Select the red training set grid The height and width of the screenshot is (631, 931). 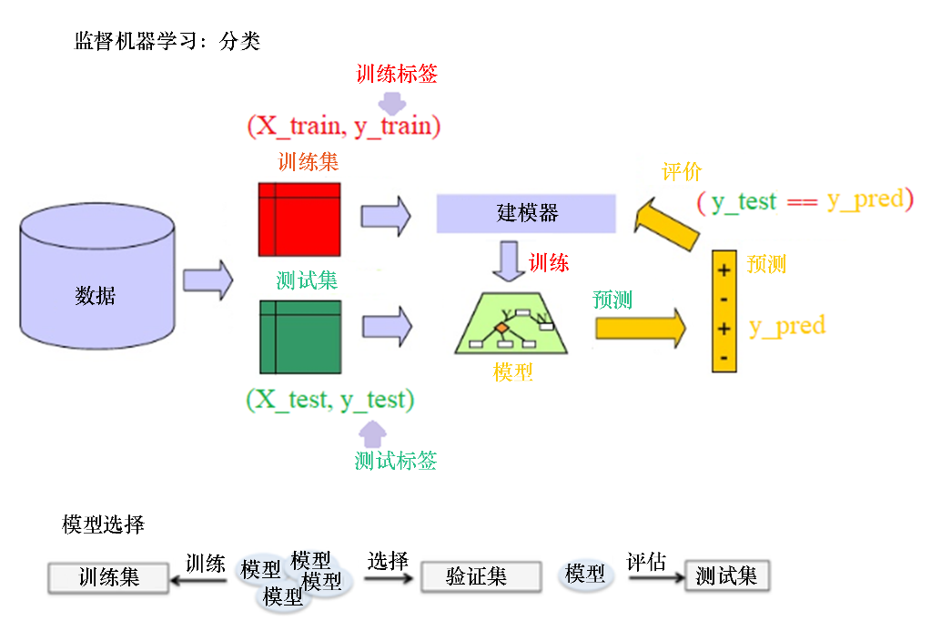pyautogui.click(x=299, y=219)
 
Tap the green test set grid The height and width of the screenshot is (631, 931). pyautogui.click(x=299, y=336)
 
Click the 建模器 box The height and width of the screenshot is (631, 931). pyautogui.click(x=526, y=213)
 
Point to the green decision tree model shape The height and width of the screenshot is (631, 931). pyautogui.click(x=511, y=324)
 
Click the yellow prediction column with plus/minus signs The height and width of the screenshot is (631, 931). pyautogui.click(x=724, y=310)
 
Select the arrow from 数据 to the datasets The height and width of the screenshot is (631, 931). pyautogui.click(x=207, y=280)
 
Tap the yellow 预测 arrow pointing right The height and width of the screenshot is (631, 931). pyautogui.click(x=640, y=327)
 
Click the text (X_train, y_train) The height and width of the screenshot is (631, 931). pyautogui.click(x=343, y=126)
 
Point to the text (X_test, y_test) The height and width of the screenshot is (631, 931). pyautogui.click(x=329, y=399)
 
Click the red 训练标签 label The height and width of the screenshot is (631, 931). pyautogui.click(x=396, y=74)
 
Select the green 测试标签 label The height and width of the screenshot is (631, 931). pyautogui.click(x=396, y=461)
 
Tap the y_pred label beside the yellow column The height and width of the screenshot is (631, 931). pyautogui.click(x=786, y=326)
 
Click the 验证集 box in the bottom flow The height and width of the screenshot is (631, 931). pyautogui.click(x=476, y=576)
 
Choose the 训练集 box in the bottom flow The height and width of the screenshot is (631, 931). pyautogui.click(x=108, y=577)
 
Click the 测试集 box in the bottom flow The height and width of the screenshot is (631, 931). pyautogui.click(x=726, y=575)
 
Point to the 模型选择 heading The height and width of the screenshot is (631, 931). pyautogui.click(x=103, y=524)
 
